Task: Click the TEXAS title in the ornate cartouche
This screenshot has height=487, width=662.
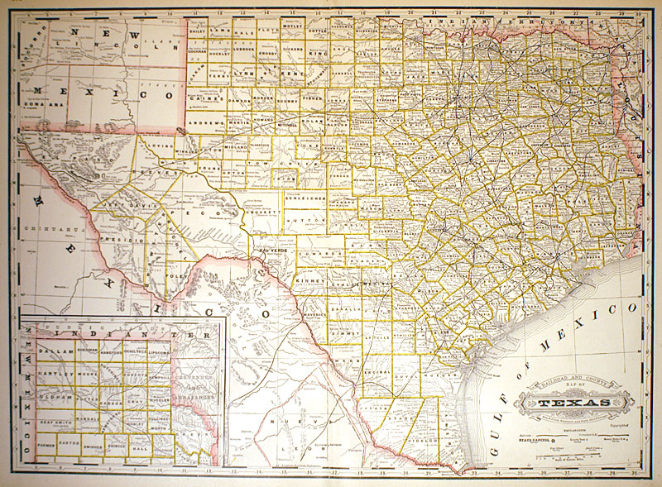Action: coord(573,403)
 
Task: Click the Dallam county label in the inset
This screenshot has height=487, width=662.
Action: coord(51,351)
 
